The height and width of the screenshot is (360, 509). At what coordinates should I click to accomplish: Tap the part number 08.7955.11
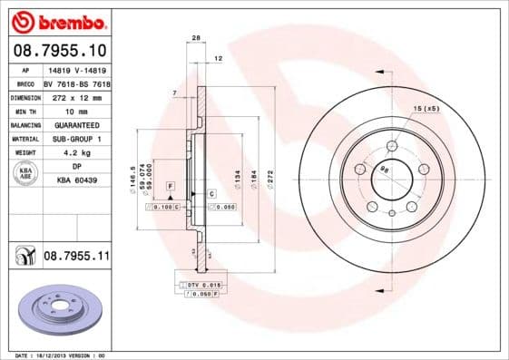77,258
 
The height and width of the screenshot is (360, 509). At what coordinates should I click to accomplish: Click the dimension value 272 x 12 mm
77,96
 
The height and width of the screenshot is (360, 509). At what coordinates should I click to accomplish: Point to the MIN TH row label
24,111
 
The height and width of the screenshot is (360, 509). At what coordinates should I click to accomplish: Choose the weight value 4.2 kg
77,152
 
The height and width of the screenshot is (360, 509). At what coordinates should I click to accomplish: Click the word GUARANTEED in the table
77,124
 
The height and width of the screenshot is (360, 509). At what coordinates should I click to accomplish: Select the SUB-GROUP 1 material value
77,139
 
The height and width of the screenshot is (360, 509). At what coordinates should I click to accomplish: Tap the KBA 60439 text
77,180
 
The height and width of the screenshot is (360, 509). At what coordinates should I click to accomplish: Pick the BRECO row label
24,83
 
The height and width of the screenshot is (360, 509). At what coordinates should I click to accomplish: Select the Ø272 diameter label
269,173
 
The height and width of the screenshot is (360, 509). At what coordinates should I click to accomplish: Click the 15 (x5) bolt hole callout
426,109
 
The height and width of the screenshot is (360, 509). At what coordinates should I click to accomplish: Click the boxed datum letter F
170,185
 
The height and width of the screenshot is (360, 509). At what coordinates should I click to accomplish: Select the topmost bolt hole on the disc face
392,145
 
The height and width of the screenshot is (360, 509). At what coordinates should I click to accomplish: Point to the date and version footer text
61,355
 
